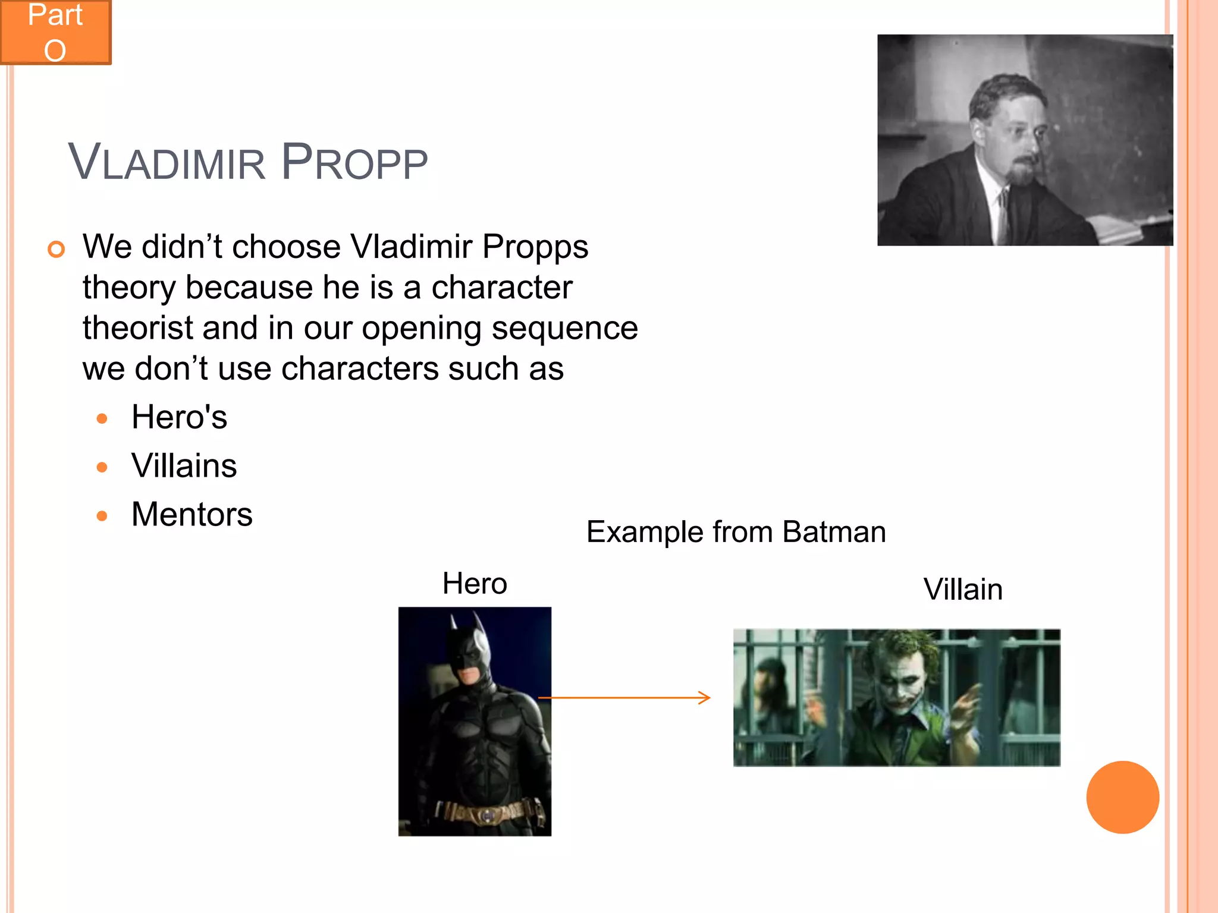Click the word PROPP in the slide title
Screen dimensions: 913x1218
(x=354, y=163)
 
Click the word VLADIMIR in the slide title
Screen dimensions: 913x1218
(x=167, y=163)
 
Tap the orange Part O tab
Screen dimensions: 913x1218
(x=55, y=32)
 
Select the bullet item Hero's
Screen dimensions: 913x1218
(x=179, y=417)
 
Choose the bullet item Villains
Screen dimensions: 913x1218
(x=184, y=465)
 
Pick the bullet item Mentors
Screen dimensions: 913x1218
(x=192, y=514)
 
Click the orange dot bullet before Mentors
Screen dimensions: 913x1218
(x=102, y=515)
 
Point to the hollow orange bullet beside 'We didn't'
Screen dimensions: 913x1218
(x=56, y=249)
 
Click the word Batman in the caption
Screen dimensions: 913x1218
(x=834, y=531)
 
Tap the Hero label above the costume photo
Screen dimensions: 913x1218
(x=475, y=583)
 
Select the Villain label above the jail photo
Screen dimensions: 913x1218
(x=963, y=589)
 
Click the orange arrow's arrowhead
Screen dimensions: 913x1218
(x=705, y=697)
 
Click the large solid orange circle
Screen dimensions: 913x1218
(x=1122, y=797)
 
